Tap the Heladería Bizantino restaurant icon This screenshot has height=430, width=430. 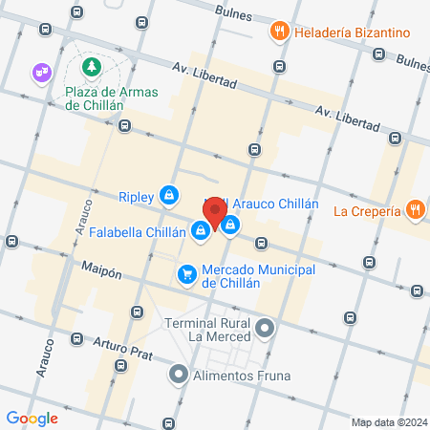point(280,31)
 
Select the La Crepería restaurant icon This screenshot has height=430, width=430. point(414,209)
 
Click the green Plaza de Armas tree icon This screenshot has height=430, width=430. point(91,67)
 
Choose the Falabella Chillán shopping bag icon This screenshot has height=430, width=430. point(200,229)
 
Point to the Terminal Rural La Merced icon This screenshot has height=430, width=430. point(266,330)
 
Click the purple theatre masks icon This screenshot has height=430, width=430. point(41,71)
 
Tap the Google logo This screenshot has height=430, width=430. point(32,418)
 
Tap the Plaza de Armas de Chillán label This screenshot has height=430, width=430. point(109,100)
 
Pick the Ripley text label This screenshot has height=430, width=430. point(136,197)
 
